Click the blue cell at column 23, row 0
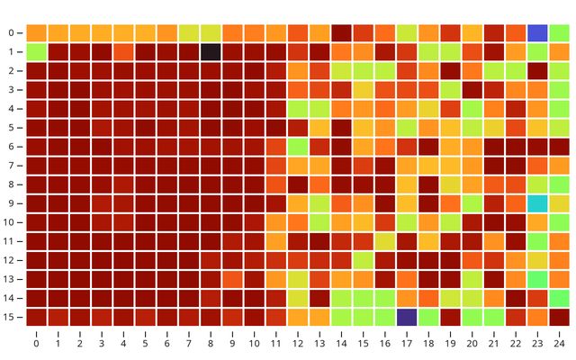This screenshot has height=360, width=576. coord(538,33)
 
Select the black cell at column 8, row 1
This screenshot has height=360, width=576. coord(211,52)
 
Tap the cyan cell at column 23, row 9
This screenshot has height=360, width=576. coord(538,203)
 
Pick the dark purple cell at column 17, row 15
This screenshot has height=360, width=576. coord(407,317)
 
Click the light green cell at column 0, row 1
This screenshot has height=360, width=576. coord(36,52)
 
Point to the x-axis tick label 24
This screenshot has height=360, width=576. coord(560,343)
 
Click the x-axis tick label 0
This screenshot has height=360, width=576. coord(36,343)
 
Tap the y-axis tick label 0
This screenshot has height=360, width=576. coord(13,33)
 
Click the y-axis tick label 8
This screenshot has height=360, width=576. coord(13,184)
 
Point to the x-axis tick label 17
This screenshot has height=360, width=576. coord(407,343)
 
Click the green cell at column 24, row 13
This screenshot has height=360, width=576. coord(560,279)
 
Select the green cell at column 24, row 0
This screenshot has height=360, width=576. coord(560,33)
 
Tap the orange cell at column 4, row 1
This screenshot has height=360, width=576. coord(123,52)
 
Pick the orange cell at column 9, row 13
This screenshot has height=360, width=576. coord(232,279)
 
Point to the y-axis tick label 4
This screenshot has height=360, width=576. coord(13,109)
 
